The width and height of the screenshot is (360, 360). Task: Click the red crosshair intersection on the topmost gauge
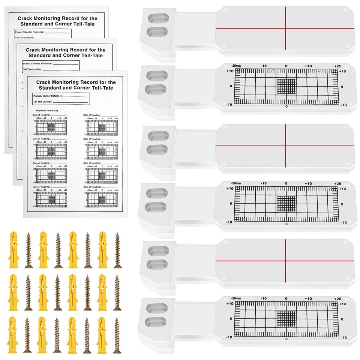(285, 28)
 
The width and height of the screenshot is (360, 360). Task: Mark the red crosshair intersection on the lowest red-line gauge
(285, 260)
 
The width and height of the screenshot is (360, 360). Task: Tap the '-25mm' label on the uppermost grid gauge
(237, 66)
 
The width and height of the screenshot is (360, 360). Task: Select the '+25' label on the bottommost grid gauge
(337, 299)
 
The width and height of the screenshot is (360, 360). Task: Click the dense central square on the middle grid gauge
(286, 204)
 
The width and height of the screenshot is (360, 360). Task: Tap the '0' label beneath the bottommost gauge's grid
(286, 339)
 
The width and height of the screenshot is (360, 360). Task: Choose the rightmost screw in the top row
(117, 250)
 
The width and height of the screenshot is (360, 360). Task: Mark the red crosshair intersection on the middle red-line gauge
(285, 145)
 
